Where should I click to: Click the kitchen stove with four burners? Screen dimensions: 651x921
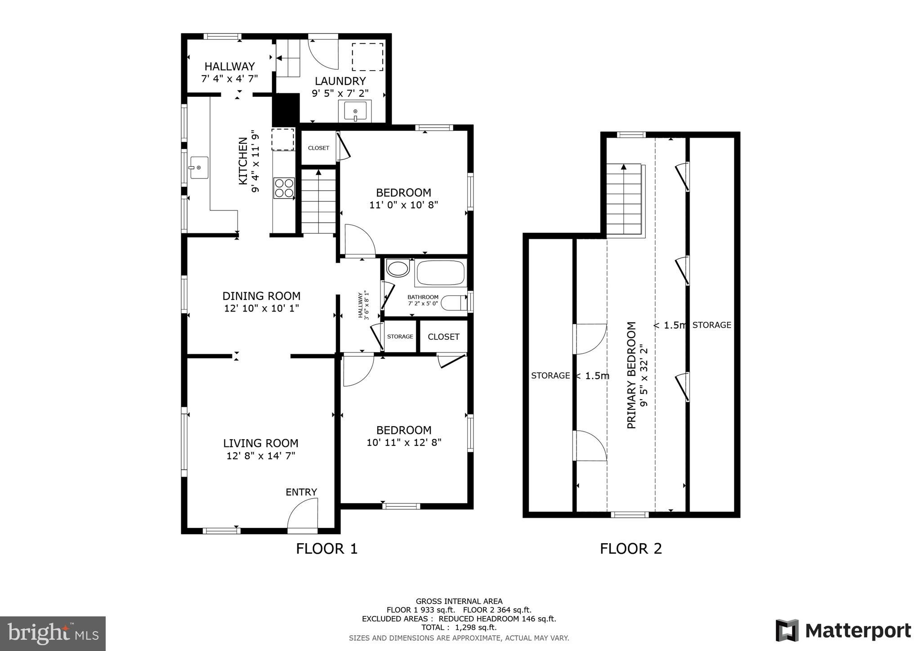[284, 188]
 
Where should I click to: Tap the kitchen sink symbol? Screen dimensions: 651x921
[198, 167]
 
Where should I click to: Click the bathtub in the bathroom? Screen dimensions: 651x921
[440, 272]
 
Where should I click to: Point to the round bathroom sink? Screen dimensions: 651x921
[398, 268]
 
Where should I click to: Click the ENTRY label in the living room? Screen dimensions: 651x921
[301, 492]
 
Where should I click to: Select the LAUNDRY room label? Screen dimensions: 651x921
[340, 81]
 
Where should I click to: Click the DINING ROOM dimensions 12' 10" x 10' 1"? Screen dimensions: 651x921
[261, 308]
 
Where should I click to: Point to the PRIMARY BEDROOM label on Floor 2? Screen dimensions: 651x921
[632, 375]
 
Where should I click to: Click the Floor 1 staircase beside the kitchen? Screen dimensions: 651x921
[318, 201]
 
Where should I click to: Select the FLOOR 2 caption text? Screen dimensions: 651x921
[630, 548]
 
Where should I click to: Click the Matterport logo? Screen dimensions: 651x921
[843, 630]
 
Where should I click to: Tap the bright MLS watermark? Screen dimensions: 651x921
[53, 633]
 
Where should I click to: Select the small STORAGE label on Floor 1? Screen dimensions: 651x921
[400, 336]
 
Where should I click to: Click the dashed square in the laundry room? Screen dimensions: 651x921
[367, 57]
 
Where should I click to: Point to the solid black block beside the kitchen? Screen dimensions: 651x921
[286, 109]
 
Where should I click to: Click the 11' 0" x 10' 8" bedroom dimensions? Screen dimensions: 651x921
[403, 205]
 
